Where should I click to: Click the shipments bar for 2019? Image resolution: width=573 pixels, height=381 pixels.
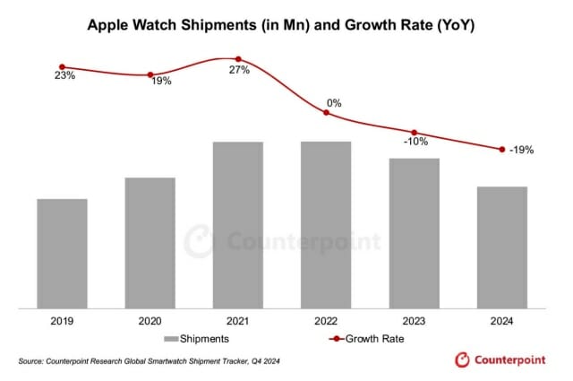click(x=62, y=254)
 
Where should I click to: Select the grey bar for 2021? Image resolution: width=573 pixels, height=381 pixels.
click(x=238, y=225)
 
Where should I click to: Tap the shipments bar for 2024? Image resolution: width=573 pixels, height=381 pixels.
click(x=502, y=247)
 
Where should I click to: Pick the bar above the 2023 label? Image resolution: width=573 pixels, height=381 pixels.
click(x=415, y=233)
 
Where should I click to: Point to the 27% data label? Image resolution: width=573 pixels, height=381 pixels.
click(x=238, y=71)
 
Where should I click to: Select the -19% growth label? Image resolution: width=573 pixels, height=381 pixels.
click(x=522, y=151)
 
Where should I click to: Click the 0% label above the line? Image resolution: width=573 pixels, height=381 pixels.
click(x=334, y=103)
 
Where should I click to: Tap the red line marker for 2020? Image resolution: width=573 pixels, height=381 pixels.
click(x=150, y=74)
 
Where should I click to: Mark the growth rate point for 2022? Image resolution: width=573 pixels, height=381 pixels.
click(x=326, y=112)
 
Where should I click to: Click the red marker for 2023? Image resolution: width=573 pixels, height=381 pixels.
click(x=415, y=132)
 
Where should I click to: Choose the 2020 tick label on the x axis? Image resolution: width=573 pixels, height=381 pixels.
click(x=150, y=321)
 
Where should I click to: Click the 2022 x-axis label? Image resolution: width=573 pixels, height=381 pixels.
click(x=326, y=321)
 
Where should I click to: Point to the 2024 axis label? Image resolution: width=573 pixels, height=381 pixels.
click(x=502, y=321)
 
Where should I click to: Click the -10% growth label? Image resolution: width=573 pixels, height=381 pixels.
click(x=415, y=142)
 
